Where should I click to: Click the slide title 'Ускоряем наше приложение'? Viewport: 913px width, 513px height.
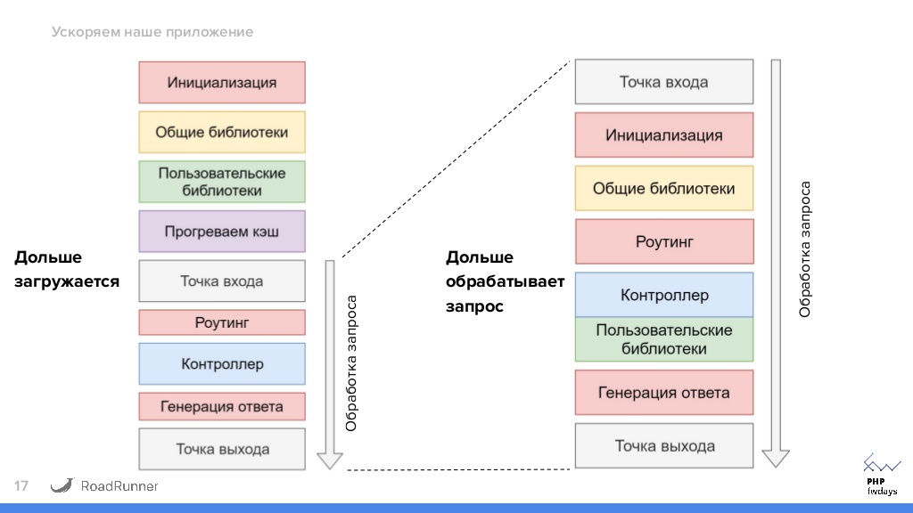pos(152,32)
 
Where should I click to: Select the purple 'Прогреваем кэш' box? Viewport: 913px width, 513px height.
pos(222,232)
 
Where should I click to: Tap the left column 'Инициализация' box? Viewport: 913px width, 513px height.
pos(222,83)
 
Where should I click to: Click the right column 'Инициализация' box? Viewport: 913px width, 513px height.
pos(664,135)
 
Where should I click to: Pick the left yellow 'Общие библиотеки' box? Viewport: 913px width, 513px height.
pos(222,132)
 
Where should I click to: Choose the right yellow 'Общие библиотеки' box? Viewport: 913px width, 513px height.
pos(664,188)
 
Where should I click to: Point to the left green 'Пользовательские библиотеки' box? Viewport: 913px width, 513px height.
pos(222,182)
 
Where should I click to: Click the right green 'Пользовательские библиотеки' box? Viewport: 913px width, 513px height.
pos(664,339)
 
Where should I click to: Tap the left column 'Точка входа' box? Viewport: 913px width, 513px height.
pos(222,281)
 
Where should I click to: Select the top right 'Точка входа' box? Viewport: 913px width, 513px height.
pos(664,82)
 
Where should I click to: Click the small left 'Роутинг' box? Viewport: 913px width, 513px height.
pos(222,322)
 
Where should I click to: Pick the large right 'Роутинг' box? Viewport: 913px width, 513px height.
pos(664,241)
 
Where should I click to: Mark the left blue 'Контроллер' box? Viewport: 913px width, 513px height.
pos(222,364)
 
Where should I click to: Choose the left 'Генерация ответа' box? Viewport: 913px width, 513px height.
pos(222,407)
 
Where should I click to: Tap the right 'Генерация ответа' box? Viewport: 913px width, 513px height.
pos(664,393)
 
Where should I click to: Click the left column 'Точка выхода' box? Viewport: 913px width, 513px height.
pos(222,449)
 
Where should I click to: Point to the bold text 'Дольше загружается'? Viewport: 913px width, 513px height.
pos(67,270)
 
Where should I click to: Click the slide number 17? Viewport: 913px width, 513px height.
pos(21,486)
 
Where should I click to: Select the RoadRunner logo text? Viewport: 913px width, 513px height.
pos(119,486)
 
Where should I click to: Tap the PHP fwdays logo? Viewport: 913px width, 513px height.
pos(881,475)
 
